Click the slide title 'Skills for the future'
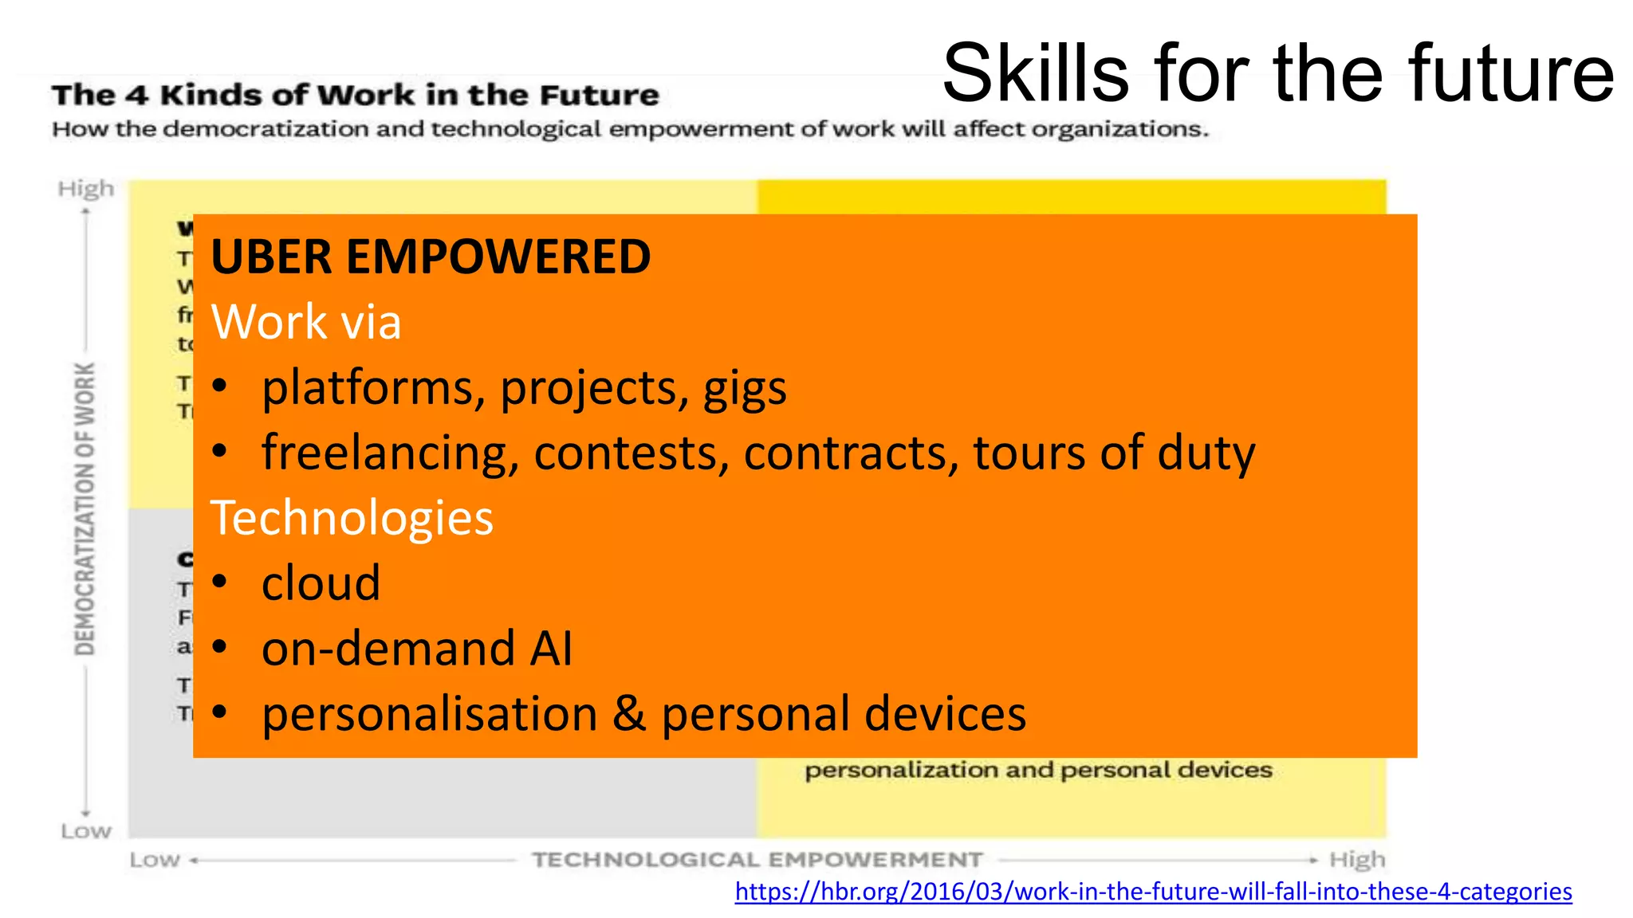pyautogui.click(x=1277, y=73)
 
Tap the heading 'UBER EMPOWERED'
pyautogui.click(x=431, y=257)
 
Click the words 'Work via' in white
pyautogui.click(x=305, y=322)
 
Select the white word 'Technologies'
pyautogui.click(x=352, y=518)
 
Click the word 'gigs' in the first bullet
pyautogui.click(x=745, y=389)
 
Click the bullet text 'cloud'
pyautogui.click(x=321, y=583)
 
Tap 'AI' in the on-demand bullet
pyautogui.click(x=551, y=648)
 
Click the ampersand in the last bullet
pyautogui.click(x=628, y=713)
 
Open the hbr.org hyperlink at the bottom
pyautogui.click(x=1153, y=891)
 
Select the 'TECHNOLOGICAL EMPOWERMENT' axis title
pyautogui.click(x=757, y=860)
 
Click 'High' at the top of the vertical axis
pyautogui.click(x=85, y=189)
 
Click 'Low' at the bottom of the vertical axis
pyautogui.click(x=85, y=831)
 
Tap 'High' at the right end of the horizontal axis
pyautogui.click(x=1357, y=860)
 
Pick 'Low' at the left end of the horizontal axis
pyautogui.click(x=155, y=860)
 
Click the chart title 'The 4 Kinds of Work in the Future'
pyautogui.click(x=356, y=95)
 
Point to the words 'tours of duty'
pyautogui.click(x=1114, y=453)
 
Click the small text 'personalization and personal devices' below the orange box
pyautogui.click(x=1038, y=770)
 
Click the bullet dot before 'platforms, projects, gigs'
pyautogui.click(x=220, y=388)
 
